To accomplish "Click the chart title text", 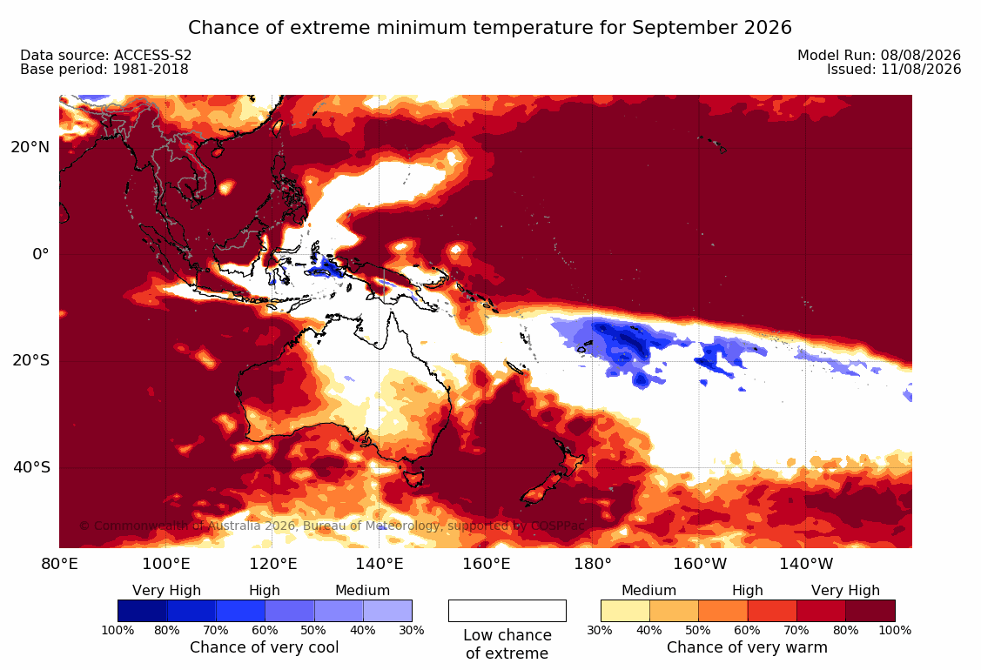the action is (490, 28).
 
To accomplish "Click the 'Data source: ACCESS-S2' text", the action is (105, 55).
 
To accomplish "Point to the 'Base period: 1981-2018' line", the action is (104, 69).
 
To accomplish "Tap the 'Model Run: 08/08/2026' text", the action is (879, 55).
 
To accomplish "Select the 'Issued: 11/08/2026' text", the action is (894, 69).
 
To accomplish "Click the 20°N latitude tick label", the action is (30, 147).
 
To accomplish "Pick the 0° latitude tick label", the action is (41, 254).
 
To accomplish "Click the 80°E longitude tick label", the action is (59, 564).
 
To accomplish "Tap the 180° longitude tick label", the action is (593, 564).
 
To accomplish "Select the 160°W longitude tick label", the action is (700, 564).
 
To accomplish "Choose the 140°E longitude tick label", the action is (380, 564).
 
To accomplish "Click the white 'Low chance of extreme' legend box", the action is (507, 611).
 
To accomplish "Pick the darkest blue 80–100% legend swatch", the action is (142, 611).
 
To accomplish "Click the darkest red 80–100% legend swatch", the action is (870, 611).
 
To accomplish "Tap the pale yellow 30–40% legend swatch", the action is (625, 611).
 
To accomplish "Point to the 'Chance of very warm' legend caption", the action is (747, 647).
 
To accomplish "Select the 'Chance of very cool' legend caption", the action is (265, 647).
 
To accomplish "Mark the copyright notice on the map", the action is (333, 526).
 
